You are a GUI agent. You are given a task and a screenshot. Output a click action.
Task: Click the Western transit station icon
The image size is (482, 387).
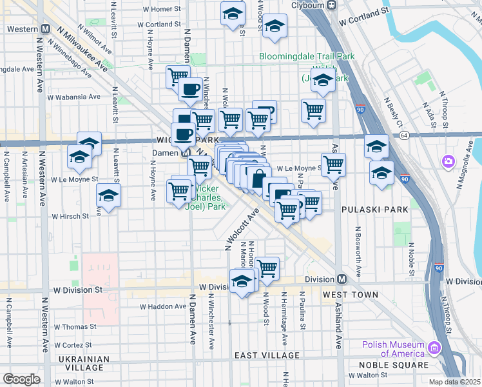pos(46,29)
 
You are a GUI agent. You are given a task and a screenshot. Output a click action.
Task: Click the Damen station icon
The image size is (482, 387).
pos(185,154)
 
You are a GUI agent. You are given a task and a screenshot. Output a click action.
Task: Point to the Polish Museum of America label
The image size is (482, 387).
pos(394,348)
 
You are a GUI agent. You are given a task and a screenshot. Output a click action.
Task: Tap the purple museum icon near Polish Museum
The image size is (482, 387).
pos(434,349)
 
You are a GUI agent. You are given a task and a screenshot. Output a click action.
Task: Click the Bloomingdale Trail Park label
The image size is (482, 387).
pos(307,56)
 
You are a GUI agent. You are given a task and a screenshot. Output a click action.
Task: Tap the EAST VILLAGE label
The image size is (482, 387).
pos(267,355)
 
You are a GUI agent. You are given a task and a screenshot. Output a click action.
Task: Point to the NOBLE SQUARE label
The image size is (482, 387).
pos(394,365)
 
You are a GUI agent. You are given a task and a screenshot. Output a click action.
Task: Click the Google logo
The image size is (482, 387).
pos(21,379)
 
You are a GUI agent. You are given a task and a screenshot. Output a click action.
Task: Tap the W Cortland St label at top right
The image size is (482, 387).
pos(364,12)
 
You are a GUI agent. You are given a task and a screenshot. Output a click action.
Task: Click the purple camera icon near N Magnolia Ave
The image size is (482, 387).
pos(448,161)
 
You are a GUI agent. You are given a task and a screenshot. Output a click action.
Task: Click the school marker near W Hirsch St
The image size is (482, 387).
pos(108,196)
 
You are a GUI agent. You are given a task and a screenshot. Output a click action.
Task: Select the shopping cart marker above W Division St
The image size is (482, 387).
pos(267,268)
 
